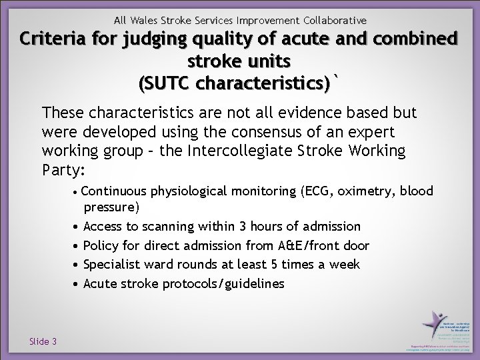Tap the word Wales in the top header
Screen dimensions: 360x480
pos(145,21)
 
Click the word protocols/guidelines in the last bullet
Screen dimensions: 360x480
pos(223,284)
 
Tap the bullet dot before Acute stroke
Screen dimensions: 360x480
pos(77,284)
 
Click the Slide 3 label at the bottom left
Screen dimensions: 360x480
pos(43,341)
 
